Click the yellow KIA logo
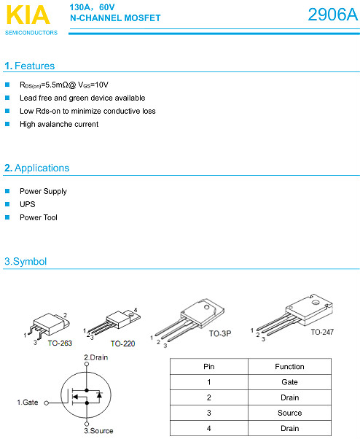[x=28, y=15]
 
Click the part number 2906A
[x=332, y=15]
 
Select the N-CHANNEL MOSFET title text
[x=115, y=18]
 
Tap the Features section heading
[x=30, y=66]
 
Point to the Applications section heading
[x=37, y=168]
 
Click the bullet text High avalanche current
[x=59, y=124]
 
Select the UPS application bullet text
[x=28, y=204]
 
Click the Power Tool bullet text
[x=39, y=217]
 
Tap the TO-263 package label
[x=60, y=343]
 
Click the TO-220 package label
[x=123, y=343]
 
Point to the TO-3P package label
[x=220, y=333]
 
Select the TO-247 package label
[x=322, y=332]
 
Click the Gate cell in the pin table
[x=289, y=382]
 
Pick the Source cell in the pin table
[x=289, y=413]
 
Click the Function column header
[x=289, y=367]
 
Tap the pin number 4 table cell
[x=209, y=428]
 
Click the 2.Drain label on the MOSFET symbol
[x=96, y=357]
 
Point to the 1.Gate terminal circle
[x=47, y=403]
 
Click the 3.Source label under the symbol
[x=98, y=430]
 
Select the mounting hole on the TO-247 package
[x=316, y=303]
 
